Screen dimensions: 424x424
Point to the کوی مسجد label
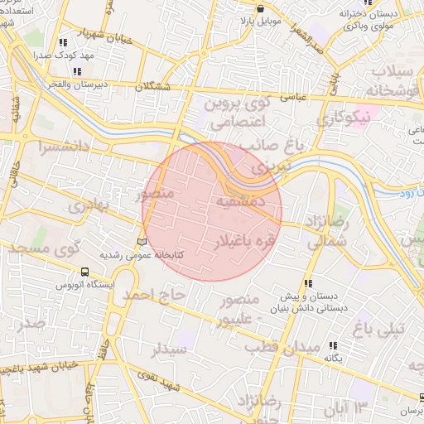(59, 247)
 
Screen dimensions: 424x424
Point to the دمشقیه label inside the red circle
(240, 200)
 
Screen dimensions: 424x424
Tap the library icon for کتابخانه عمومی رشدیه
(141, 241)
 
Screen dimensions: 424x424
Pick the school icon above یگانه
(333, 345)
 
